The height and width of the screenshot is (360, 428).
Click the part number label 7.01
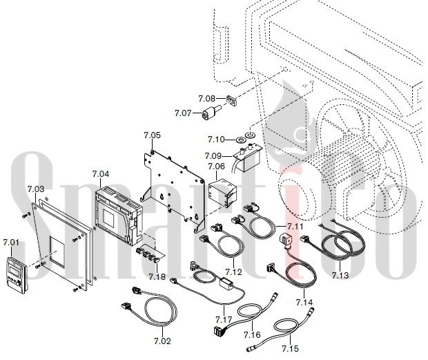coord(11,243)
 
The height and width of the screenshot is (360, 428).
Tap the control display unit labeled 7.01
coord(17,275)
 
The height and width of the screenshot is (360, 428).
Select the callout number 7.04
coord(101,173)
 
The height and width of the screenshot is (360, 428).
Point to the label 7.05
coord(153,135)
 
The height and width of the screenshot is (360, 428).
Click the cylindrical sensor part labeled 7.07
coord(212,113)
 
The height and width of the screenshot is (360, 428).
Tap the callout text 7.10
coord(216,140)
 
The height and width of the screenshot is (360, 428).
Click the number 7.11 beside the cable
coord(295,227)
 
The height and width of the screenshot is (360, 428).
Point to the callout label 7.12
coord(233,272)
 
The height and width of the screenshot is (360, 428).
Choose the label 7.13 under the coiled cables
coord(340,275)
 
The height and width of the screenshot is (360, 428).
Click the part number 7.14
coord(304,303)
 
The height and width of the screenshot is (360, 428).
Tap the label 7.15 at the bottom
coord(291,349)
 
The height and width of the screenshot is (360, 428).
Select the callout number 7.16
coord(252,334)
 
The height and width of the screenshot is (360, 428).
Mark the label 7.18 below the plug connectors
coord(157,276)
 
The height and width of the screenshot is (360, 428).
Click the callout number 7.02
coord(162,341)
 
